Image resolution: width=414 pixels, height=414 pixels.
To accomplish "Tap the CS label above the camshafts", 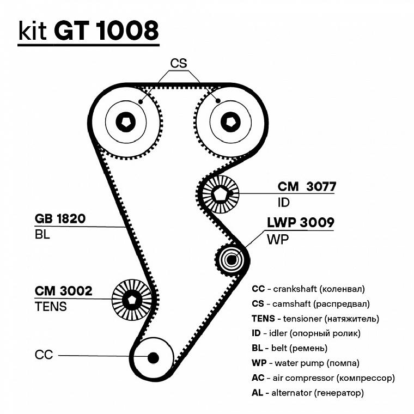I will coord(178,63).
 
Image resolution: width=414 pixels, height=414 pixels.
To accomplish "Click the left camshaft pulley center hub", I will coord(126,123).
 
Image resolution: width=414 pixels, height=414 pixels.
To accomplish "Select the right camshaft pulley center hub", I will coord(231,123).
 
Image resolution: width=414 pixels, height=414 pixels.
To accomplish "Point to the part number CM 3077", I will coord(307,187).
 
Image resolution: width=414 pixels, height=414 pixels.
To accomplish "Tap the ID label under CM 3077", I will coord(284,203).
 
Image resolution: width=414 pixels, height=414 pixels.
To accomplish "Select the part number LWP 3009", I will coord(300,222).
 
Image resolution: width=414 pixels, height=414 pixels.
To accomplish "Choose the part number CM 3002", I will coord(63,291).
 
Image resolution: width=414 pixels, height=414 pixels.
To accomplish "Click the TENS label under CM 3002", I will coord(51,307).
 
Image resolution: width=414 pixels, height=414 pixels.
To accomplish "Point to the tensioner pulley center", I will coord(131,300).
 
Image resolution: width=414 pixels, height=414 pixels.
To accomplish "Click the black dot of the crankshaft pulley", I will coord(153,357).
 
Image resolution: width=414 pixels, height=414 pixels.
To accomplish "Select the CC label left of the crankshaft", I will coord(44,355).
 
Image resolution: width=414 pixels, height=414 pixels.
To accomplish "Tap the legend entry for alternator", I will coord(308,392).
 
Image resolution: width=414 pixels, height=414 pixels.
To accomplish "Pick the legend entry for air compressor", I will coord(323,377).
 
